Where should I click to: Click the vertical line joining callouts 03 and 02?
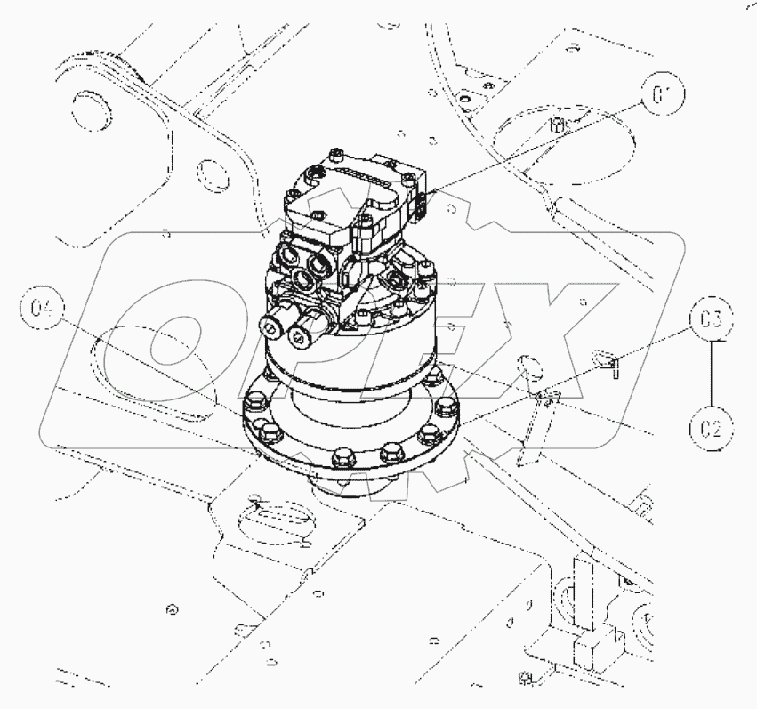coord(711,374)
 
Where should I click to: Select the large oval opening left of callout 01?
coord(563,139)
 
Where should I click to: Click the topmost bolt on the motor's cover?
coord(335,157)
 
